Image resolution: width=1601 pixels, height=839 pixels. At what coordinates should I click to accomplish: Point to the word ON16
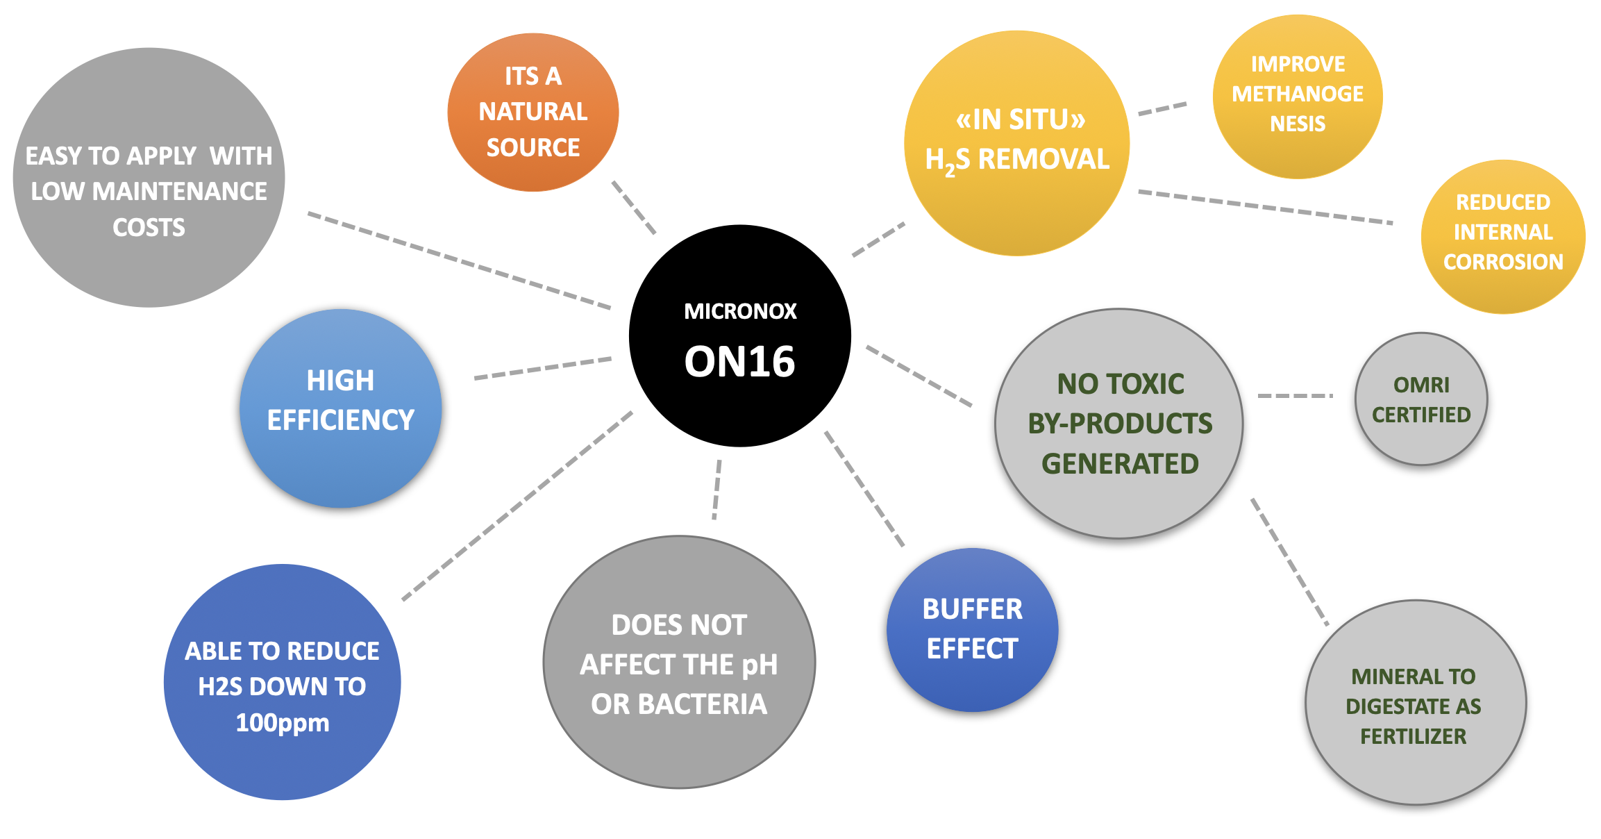[740, 362]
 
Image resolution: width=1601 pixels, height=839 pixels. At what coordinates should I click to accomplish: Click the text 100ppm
[283, 723]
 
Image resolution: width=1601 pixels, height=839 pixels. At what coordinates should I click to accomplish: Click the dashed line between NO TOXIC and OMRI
[1295, 396]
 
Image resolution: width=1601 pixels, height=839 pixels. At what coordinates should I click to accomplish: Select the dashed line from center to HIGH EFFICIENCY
[543, 368]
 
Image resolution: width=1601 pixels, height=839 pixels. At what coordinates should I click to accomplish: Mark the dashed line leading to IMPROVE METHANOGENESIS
[1163, 109]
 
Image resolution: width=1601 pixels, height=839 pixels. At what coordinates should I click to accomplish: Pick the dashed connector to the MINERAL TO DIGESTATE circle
[1289, 561]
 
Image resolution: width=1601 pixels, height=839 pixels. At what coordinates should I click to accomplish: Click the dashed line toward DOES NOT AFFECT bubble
[716, 489]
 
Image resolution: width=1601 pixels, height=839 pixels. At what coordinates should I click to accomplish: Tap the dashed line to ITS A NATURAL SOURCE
[633, 207]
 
